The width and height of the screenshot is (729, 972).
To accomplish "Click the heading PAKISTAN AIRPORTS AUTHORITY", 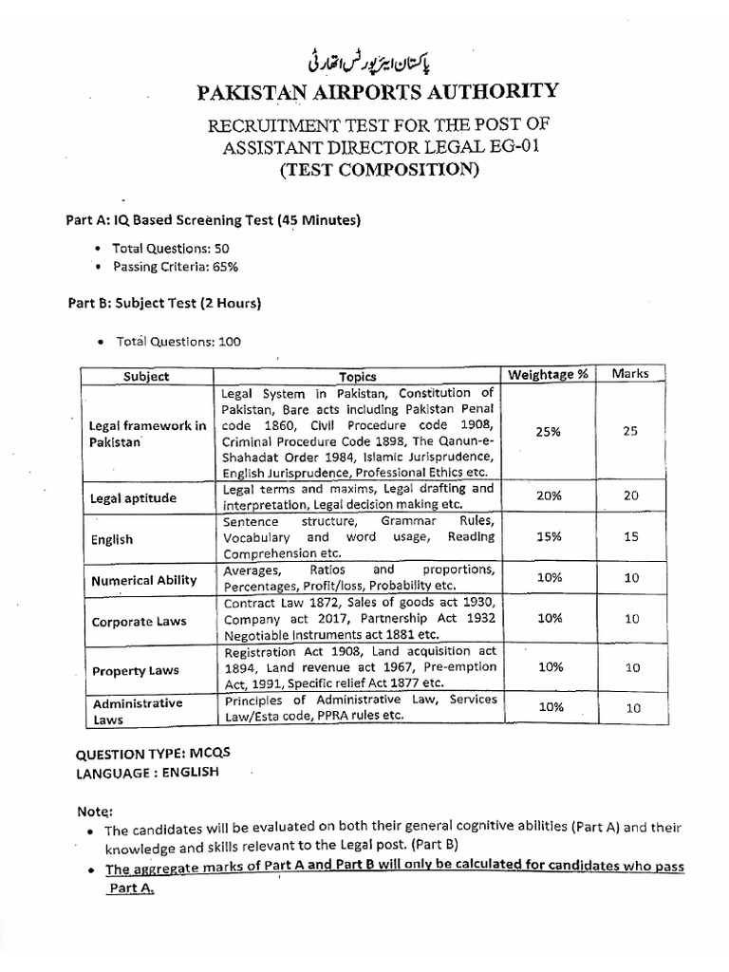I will coord(377,92).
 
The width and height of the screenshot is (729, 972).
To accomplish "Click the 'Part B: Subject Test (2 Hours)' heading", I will coord(164,304).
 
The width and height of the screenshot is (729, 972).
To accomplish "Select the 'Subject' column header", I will coord(146,375).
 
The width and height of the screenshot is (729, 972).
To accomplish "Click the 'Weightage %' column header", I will coord(548,374).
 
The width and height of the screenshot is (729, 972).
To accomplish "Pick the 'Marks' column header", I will coord(630,373).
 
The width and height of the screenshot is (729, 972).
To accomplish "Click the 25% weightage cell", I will coord(548,431).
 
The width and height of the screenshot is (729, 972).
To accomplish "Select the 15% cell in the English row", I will coord(548,536).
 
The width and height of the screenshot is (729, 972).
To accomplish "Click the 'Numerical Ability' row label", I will coord(143,580).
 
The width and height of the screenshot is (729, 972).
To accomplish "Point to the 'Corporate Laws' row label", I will coord(139,622).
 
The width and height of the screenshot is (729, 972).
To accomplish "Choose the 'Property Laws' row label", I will coord(135,670).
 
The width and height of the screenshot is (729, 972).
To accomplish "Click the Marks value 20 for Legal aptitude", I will coord(631,495).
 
